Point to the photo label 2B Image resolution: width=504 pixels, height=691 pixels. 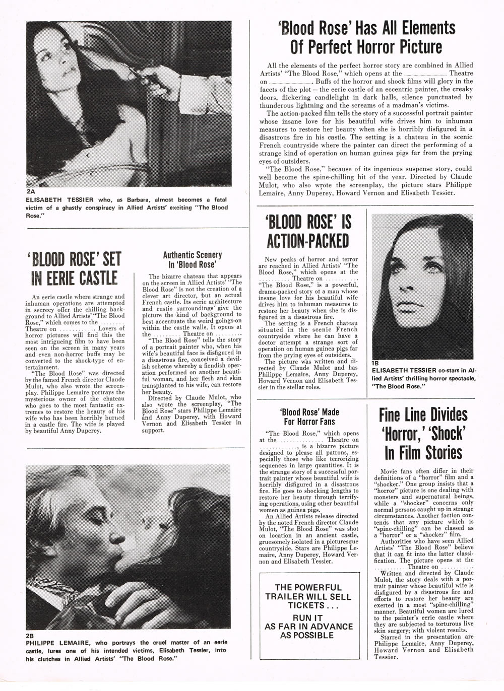(x=31, y=636)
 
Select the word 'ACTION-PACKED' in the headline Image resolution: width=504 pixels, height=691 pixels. (x=308, y=241)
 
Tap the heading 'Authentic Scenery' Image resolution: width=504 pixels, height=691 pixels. (x=192, y=255)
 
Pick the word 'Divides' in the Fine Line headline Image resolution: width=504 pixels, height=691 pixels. (x=444, y=415)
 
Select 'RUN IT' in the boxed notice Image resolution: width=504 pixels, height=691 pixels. (x=308, y=617)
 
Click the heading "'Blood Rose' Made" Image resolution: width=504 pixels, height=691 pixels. (x=309, y=412)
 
